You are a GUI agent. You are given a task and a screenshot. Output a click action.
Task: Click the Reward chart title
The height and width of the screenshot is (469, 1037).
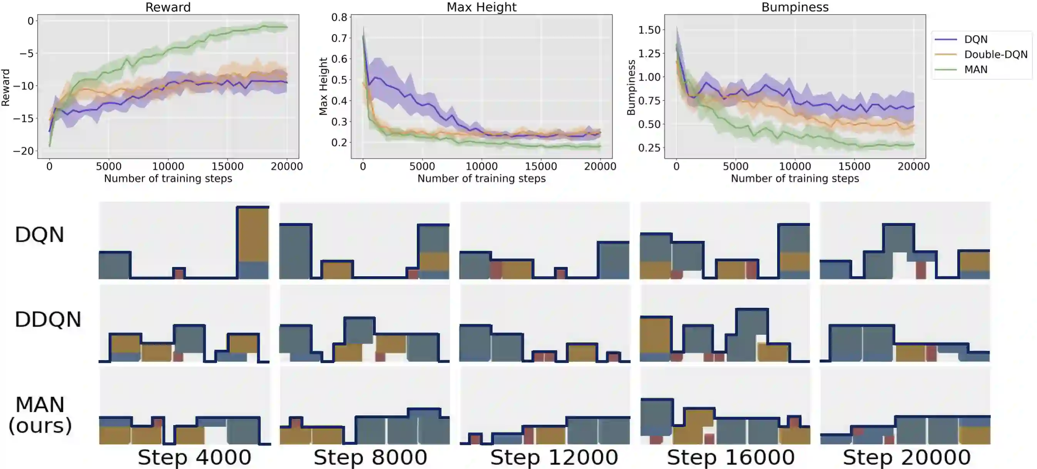click(x=168, y=7)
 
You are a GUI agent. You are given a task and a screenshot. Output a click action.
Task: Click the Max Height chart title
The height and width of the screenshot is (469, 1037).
click(x=481, y=7)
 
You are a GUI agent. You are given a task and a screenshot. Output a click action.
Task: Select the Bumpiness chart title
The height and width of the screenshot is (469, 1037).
click(x=794, y=7)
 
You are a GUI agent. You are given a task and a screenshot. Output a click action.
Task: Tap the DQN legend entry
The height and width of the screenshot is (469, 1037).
click(x=975, y=39)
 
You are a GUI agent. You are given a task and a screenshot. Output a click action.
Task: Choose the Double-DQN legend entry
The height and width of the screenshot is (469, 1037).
click(x=995, y=54)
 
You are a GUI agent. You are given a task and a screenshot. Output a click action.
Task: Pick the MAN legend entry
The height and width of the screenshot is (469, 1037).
click(x=975, y=70)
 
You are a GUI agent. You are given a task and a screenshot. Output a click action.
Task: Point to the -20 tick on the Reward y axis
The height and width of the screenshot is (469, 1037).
click(x=23, y=151)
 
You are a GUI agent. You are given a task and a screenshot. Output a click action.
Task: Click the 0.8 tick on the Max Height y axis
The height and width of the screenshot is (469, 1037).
click(x=339, y=17)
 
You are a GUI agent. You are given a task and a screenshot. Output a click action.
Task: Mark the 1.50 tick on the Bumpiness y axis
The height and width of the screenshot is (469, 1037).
click(x=649, y=30)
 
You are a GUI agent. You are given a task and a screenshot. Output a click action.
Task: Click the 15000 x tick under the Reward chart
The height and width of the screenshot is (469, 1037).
click(x=227, y=166)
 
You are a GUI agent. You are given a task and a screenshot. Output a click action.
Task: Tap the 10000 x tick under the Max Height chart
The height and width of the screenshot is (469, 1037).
click(x=482, y=166)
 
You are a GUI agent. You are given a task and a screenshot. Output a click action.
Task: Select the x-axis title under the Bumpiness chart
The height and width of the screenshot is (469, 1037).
click(x=794, y=179)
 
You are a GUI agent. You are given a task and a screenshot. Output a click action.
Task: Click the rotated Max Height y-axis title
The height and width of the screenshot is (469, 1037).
click(x=323, y=86)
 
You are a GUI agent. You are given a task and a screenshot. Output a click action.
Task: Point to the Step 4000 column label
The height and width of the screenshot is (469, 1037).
click(x=194, y=457)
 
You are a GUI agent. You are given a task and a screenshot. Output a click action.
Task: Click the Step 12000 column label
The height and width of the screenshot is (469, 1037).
click(x=554, y=457)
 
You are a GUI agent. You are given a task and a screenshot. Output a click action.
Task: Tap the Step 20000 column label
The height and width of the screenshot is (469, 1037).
click(x=907, y=457)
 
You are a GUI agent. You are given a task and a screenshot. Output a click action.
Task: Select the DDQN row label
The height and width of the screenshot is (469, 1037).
click(x=48, y=320)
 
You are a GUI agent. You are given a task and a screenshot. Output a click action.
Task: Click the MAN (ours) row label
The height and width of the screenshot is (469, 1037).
click(x=40, y=415)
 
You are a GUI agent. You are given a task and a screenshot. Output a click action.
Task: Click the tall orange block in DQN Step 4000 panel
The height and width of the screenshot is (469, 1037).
click(x=253, y=235)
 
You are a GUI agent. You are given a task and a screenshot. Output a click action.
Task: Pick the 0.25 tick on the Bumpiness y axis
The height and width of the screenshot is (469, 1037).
click(x=649, y=148)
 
